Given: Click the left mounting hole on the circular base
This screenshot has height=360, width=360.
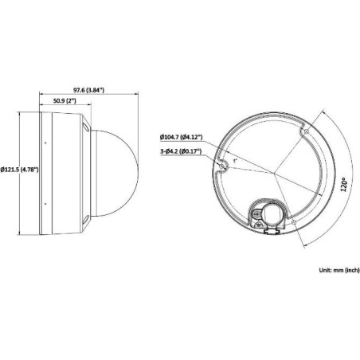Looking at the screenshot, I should click(x=225, y=165).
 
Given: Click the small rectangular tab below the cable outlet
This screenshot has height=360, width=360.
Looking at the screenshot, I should click(x=268, y=232).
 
